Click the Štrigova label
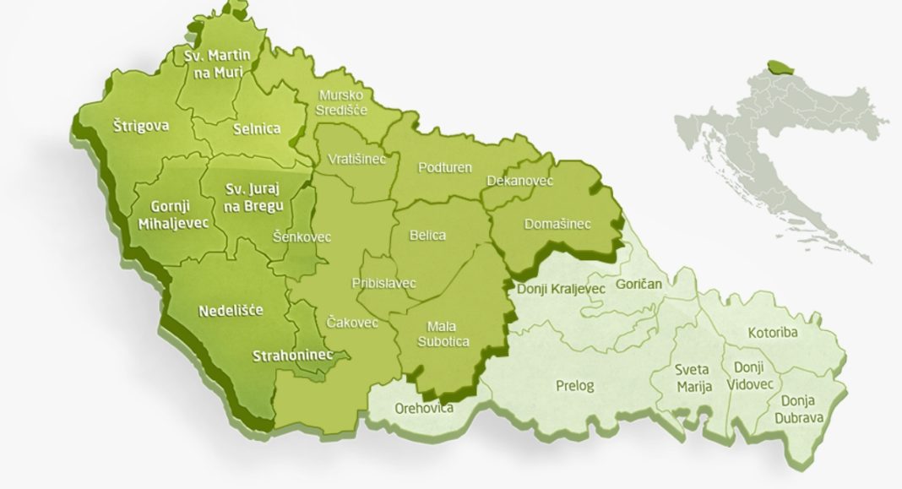(x=141, y=126)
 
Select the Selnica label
(x=257, y=130)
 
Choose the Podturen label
(x=445, y=167)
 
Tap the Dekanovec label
(x=520, y=181)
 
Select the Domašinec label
(x=557, y=224)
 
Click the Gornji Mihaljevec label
(x=169, y=215)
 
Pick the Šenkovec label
(x=302, y=237)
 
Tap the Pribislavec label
(x=383, y=283)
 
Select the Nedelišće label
(x=230, y=310)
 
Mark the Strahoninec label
(x=292, y=356)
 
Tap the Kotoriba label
(x=772, y=333)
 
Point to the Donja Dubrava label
(x=803, y=409)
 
